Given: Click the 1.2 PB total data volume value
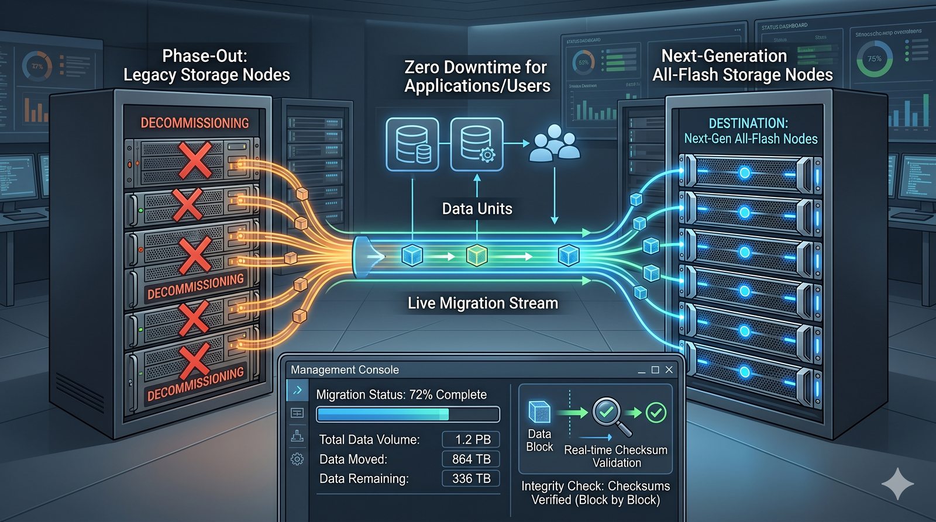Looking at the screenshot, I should (x=472, y=440).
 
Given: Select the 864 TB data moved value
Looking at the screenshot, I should (x=472, y=459).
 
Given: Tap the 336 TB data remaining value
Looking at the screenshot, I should (x=472, y=479).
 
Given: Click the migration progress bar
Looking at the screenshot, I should (x=408, y=414).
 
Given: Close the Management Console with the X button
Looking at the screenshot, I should (x=669, y=370).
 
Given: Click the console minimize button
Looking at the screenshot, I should (x=642, y=371).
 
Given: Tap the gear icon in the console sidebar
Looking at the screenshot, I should (x=297, y=459).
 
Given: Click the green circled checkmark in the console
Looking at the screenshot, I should (x=656, y=413).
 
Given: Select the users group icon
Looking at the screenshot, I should (x=554, y=143).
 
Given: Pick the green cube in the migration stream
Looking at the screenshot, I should (x=477, y=255).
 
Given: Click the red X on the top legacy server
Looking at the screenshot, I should (x=195, y=159).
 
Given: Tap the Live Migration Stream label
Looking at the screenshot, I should (x=483, y=303).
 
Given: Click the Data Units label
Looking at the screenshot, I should (x=477, y=209).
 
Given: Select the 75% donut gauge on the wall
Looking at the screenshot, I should (x=874, y=59).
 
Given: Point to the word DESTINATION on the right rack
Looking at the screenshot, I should (x=748, y=123).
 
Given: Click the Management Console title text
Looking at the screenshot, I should (x=345, y=370).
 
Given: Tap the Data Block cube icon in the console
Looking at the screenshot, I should (x=539, y=412).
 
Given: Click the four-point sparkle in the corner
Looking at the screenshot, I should (x=898, y=483).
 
